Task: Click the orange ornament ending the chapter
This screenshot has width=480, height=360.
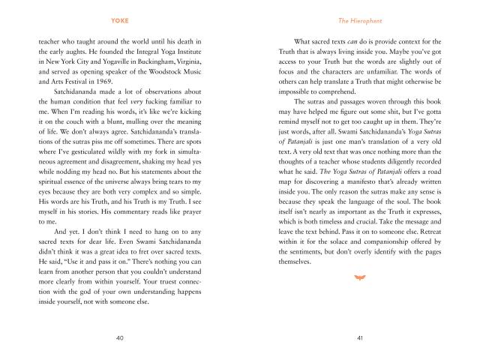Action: tap(359, 277)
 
